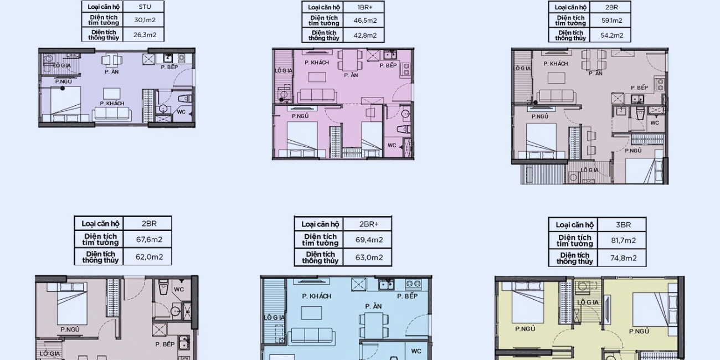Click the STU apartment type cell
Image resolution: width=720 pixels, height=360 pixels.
[x=145, y=7]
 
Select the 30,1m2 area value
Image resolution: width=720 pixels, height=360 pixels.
[x=145, y=20]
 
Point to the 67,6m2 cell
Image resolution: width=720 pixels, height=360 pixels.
[x=149, y=239]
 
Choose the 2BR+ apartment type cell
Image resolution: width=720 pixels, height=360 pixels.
[x=369, y=224]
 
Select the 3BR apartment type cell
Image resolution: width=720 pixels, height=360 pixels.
[x=623, y=225]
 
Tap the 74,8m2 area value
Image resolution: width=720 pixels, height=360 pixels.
[x=623, y=258]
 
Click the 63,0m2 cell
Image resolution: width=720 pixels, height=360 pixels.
[x=369, y=258]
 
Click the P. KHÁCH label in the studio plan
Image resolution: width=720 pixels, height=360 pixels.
[x=112, y=103]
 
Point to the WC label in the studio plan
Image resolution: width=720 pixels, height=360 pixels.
[x=181, y=112]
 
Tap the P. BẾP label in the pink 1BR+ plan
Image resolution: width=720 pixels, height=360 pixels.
[x=388, y=65]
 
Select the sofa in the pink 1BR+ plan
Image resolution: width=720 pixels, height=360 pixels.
[x=317, y=95]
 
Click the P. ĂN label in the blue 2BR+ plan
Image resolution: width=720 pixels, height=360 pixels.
[x=373, y=306]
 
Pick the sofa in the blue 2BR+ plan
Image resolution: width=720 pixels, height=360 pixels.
[x=311, y=336]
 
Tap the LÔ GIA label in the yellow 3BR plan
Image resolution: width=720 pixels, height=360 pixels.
[x=588, y=302]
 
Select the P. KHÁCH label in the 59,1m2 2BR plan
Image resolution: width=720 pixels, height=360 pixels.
[x=556, y=64]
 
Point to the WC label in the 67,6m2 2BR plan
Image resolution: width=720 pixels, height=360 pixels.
[x=179, y=289]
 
